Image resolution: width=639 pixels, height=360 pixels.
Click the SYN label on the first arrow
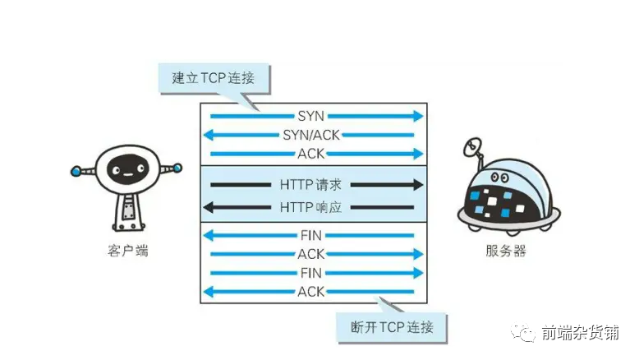[311, 116]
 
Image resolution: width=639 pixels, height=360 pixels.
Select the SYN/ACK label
[311, 135]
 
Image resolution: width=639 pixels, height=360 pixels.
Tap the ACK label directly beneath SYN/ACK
[311, 154]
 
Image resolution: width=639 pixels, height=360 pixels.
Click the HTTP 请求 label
[310, 185]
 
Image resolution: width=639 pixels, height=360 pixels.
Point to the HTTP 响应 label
[310, 207]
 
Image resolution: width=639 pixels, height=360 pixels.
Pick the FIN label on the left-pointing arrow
[311, 235]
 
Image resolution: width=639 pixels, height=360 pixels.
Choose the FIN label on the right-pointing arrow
[311, 273]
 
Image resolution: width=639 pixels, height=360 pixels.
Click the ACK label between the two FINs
[311, 254]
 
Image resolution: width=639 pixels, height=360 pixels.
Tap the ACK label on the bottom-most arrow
[311, 292]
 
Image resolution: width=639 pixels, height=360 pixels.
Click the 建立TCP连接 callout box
[214, 78]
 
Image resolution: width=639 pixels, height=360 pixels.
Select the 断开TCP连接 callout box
[391, 327]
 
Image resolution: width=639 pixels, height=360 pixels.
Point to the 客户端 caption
[128, 251]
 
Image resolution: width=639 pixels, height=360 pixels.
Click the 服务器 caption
[506, 251]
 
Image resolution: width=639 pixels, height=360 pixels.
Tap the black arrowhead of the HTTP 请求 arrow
[419, 185]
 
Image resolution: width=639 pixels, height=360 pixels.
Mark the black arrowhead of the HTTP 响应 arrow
[209, 207]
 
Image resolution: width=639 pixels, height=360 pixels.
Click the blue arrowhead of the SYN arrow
[419, 116]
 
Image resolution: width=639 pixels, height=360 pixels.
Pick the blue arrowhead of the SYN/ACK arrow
[209, 135]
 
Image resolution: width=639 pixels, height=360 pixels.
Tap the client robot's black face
[127, 168]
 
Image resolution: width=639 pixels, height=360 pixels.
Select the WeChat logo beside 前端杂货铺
[524, 332]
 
